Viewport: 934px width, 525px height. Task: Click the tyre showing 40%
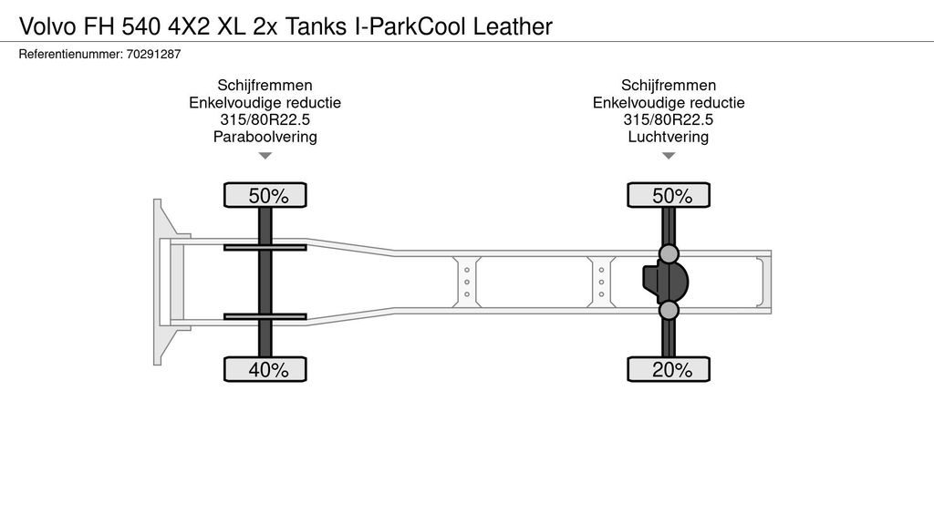tap(265, 369)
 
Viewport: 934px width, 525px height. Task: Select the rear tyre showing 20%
tap(669, 369)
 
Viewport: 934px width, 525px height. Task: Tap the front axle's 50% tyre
tap(265, 195)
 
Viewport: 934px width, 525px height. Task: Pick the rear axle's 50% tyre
tap(669, 195)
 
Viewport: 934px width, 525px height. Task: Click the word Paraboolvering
tap(265, 137)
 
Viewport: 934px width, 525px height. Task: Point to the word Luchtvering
tap(669, 137)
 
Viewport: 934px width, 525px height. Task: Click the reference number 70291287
tap(153, 54)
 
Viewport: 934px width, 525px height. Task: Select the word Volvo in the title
tap(47, 26)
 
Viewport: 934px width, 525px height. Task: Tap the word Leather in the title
tap(513, 26)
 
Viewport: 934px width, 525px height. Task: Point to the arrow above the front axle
tap(265, 156)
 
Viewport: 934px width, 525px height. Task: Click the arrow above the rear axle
tap(669, 156)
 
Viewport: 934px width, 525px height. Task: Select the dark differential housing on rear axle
tap(665, 282)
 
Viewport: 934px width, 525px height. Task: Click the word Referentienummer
tap(71, 54)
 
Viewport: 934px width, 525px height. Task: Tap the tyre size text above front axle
tap(265, 119)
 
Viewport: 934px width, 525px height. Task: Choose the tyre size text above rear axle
tap(669, 119)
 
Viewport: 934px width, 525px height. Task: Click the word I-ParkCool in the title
tap(410, 26)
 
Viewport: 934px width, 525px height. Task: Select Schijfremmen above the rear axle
tap(669, 85)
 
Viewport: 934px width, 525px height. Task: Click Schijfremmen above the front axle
tap(265, 85)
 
